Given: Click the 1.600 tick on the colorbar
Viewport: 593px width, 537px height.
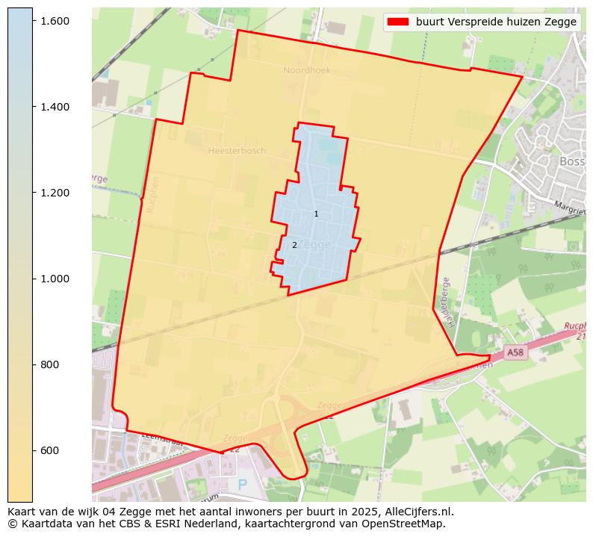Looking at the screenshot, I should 55,21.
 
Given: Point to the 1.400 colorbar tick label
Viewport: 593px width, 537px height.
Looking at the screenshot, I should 55,107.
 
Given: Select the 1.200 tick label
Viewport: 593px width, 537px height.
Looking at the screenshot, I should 55,193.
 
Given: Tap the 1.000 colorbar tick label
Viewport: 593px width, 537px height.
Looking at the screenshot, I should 55,279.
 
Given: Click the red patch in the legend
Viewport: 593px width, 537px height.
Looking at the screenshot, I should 397,22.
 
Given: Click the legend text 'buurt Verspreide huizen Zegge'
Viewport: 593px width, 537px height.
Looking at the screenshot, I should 496,22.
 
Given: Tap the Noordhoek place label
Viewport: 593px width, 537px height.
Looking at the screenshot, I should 306,70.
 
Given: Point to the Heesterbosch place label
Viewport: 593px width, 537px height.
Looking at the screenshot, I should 237,151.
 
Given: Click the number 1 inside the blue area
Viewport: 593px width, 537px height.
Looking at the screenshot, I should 316,214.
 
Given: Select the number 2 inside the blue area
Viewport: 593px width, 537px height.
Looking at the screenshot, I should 294,245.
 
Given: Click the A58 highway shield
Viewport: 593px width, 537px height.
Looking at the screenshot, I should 515,352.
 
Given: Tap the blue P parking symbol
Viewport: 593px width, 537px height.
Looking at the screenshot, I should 242,485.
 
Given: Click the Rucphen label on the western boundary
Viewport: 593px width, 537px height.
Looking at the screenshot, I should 152,194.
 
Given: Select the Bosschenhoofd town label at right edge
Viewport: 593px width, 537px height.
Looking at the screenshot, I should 571,161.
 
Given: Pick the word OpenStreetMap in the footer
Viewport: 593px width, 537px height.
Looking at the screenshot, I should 409,524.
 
